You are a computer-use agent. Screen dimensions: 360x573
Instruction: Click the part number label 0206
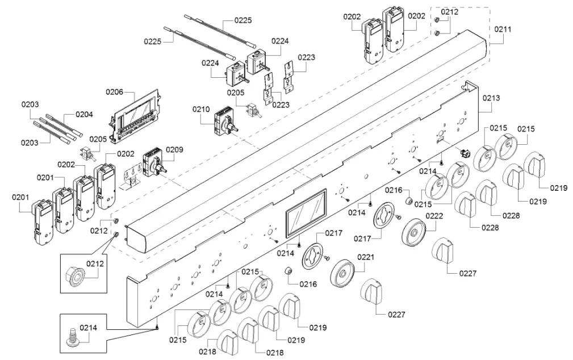(x=114, y=91)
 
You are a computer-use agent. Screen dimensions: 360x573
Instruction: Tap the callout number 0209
(x=175, y=150)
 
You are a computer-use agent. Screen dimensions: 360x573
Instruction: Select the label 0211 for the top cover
(x=502, y=29)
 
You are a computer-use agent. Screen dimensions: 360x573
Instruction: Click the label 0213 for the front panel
(x=492, y=98)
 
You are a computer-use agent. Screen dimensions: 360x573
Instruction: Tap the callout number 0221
(x=366, y=257)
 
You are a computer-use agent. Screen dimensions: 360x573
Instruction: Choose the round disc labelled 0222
(x=413, y=233)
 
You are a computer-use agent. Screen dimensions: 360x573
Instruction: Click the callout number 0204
(x=84, y=114)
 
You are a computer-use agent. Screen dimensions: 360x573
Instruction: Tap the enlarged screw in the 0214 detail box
(x=73, y=337)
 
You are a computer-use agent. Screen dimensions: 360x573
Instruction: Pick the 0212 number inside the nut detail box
(x=95, y=263)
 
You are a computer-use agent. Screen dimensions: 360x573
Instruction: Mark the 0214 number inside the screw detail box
(x=88, y=327)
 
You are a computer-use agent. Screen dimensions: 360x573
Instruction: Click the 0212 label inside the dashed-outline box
(x=450, y=12)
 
